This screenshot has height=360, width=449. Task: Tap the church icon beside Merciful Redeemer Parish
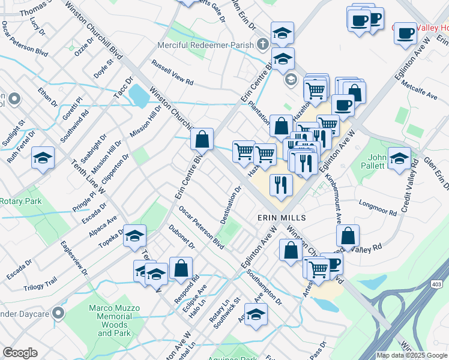point(262,45)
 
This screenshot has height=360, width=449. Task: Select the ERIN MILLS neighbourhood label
point(282,217)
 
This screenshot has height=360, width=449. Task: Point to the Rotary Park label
point(21,201)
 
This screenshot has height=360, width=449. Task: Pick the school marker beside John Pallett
point(399,159)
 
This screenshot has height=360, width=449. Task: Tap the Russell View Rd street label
point(173,72)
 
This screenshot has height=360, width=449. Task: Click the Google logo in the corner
point(20,353)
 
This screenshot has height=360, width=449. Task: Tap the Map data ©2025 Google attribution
point(412,355)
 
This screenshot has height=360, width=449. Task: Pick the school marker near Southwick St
point(256,314)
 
